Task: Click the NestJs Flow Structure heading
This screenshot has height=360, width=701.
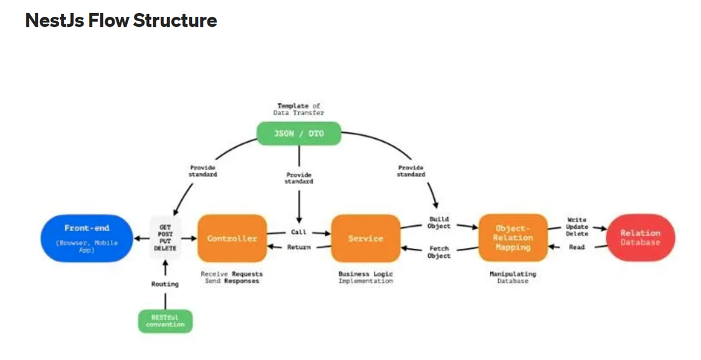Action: point(121,21)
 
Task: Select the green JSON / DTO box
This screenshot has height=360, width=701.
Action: point(299,133)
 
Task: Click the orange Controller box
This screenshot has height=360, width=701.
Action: point(232,238)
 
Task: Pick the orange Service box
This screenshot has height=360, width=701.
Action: point(365,238)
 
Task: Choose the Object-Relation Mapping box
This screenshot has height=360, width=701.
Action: point(512,238)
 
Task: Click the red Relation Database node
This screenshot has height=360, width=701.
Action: point(640,237)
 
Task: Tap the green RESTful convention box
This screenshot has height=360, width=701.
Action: point(165,321)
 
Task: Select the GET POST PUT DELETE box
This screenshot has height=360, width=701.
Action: point(165,238)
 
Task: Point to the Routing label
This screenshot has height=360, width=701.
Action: point(165,284)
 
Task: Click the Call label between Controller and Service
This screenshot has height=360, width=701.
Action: point(298,232)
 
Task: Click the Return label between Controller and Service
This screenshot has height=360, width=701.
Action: point(298,247)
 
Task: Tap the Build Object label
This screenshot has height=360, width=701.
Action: point(439,222)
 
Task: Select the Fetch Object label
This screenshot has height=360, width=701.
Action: point(439,252)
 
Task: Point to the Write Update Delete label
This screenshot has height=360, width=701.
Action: point(576,227)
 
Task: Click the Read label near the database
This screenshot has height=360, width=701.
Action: point(576,247)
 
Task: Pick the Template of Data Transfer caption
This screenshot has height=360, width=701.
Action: point(298,109)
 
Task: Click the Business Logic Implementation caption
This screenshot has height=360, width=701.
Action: point(366,277)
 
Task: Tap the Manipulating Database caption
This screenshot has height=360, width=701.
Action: point(512,277)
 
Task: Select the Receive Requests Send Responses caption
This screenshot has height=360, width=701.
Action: point(232,277)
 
